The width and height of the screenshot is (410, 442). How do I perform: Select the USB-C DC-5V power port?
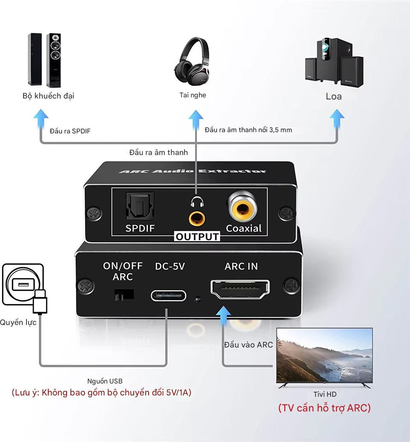tap(168, 295)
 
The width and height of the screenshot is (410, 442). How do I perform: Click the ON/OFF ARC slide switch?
tap(124, 294)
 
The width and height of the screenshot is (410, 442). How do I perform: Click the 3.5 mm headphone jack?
tap(196, 218)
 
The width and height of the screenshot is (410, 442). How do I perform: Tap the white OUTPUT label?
tap(197, 237)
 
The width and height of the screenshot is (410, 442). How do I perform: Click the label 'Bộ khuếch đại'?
tap(48, 96)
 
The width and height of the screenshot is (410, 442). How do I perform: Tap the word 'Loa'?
tap(334, 96)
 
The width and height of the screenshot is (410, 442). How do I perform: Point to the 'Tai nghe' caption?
tap(193, 95)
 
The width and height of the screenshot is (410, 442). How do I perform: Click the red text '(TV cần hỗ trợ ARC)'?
tap(324, 408)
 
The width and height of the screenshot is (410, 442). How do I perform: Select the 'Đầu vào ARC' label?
tap(248, 345)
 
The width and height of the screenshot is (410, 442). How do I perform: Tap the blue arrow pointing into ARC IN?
tap(223, 318)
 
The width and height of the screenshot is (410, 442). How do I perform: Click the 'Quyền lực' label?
tap(18, 322)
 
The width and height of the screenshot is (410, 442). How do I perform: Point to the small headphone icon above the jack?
tap(196, 201)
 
